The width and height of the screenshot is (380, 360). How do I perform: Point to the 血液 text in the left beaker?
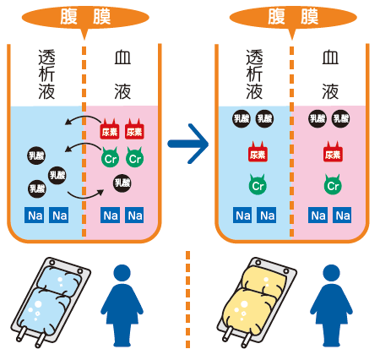click(x=122, y=77)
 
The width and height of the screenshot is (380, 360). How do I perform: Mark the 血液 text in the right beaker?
click(x=331, y=77)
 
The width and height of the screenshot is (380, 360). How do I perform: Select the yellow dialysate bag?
click(x=257, y=300)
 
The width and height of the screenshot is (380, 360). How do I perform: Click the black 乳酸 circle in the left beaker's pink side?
click(x=122, y=182)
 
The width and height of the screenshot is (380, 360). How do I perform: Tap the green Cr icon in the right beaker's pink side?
click(x=332, y=183)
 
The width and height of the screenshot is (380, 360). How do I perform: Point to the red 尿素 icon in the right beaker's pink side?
click(x=332, y=153)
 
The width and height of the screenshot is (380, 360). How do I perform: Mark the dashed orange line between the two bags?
click(x=187, y=300)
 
